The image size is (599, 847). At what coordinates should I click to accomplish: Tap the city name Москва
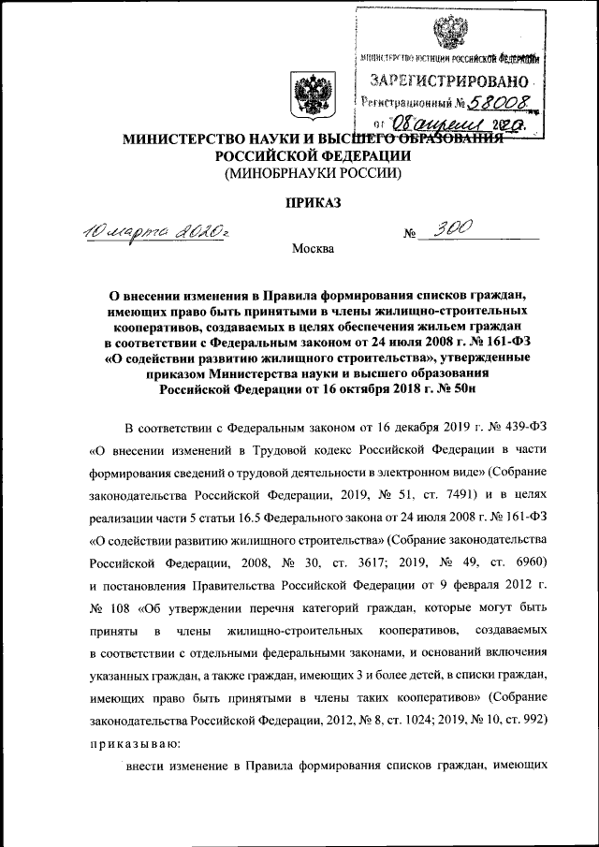point(313,248)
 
